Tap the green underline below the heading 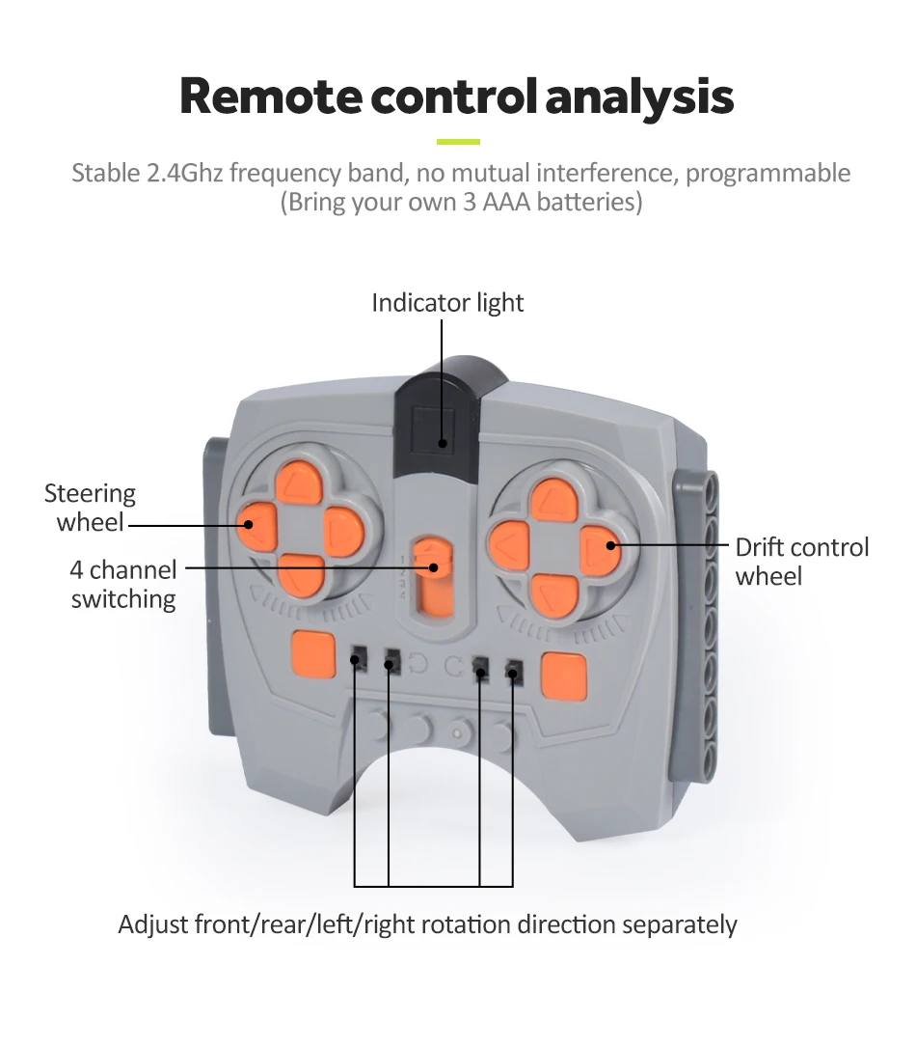(458, 142)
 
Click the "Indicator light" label (447, 303)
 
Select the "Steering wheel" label (90, 508)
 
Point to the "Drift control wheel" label (801, 562)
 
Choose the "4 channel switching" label (123, 584)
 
